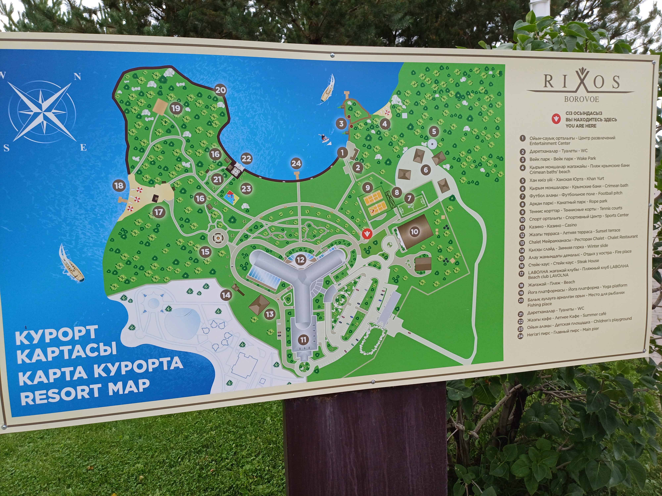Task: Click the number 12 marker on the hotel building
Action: (301, 260)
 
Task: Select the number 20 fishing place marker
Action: (221, 90)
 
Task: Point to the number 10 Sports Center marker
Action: (414, 231)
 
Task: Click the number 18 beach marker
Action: (119, 185)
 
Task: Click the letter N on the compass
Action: (77, 77)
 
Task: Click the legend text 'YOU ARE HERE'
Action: (581, 126)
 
